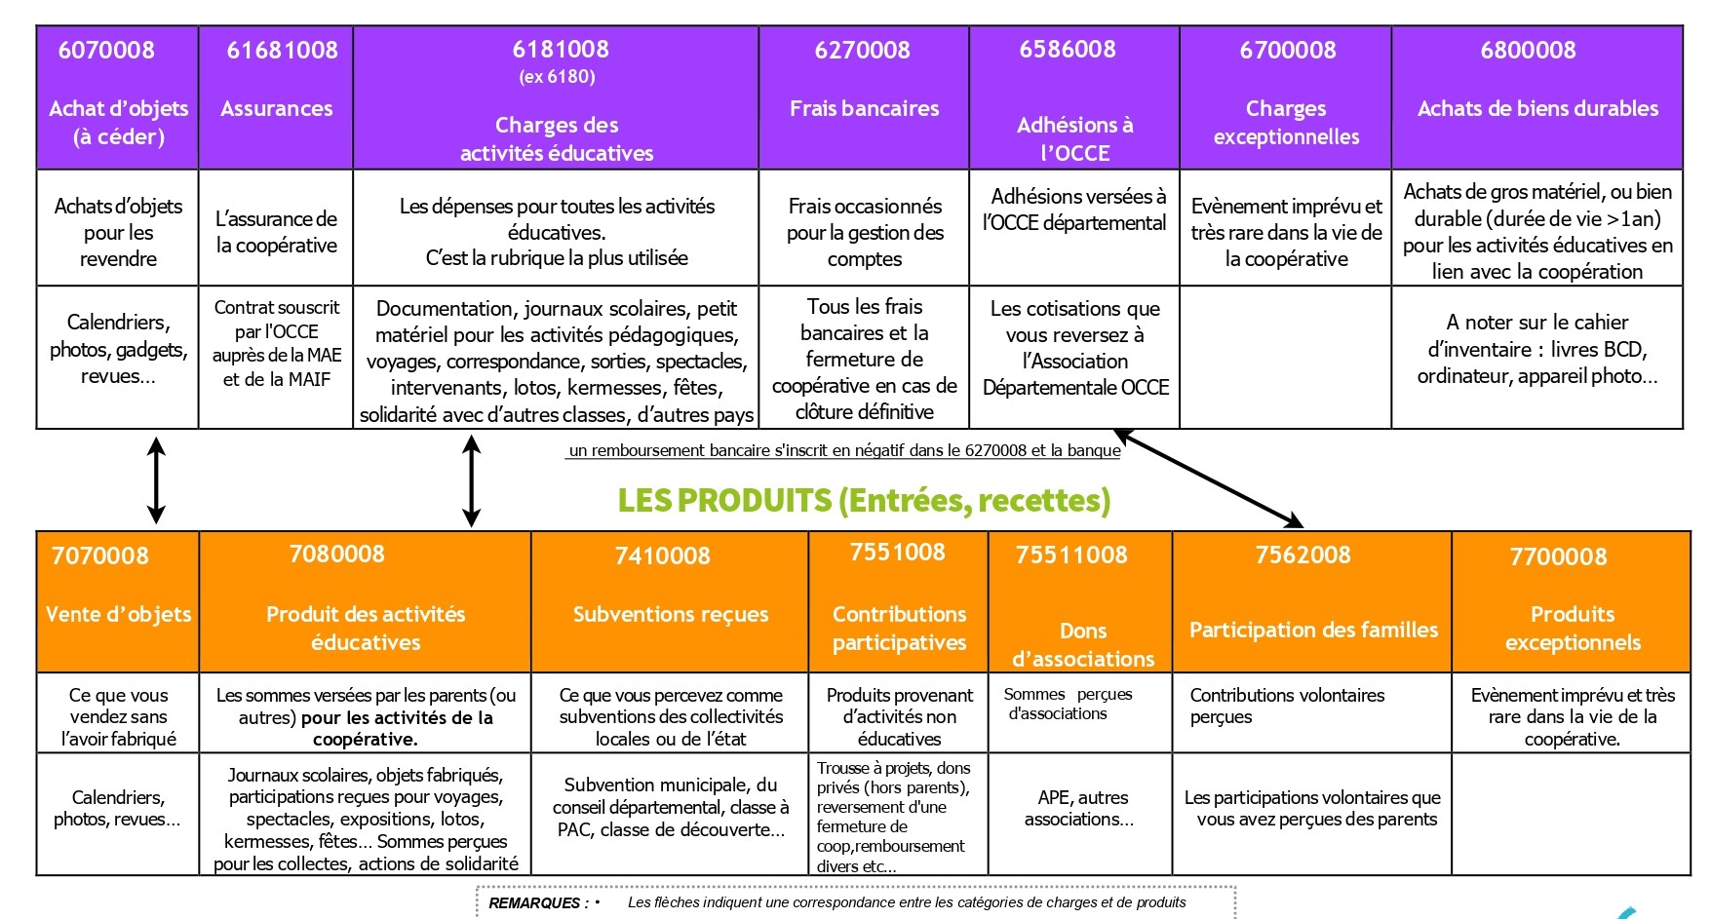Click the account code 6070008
click(x=106, y=50)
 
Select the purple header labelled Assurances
click(x=277, y=108)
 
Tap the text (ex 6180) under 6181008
click(x=557, y=77)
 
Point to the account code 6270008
click(x=863, y=50)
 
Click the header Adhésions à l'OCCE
click(x=1075, y=138)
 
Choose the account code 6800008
click(x=1528, y=50)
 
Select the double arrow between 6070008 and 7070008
click(x=156, y=480)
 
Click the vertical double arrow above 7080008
click(x=471, y=480)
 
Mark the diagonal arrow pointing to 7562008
click(x=1208, y=478)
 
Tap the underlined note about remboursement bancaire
click(x=844, y=450)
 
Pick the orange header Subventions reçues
click(x=671, y=614)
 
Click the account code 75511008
click(x=1071, y=555)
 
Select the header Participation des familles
click(x=1313, y=630)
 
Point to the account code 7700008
click(x=1558, y=556)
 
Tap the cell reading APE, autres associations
click(x=1079, y=808)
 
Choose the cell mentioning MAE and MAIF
click(x=277, y=343)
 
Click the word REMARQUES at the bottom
click(x=534, y=903)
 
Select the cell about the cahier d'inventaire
click(x=1537, y=349)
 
